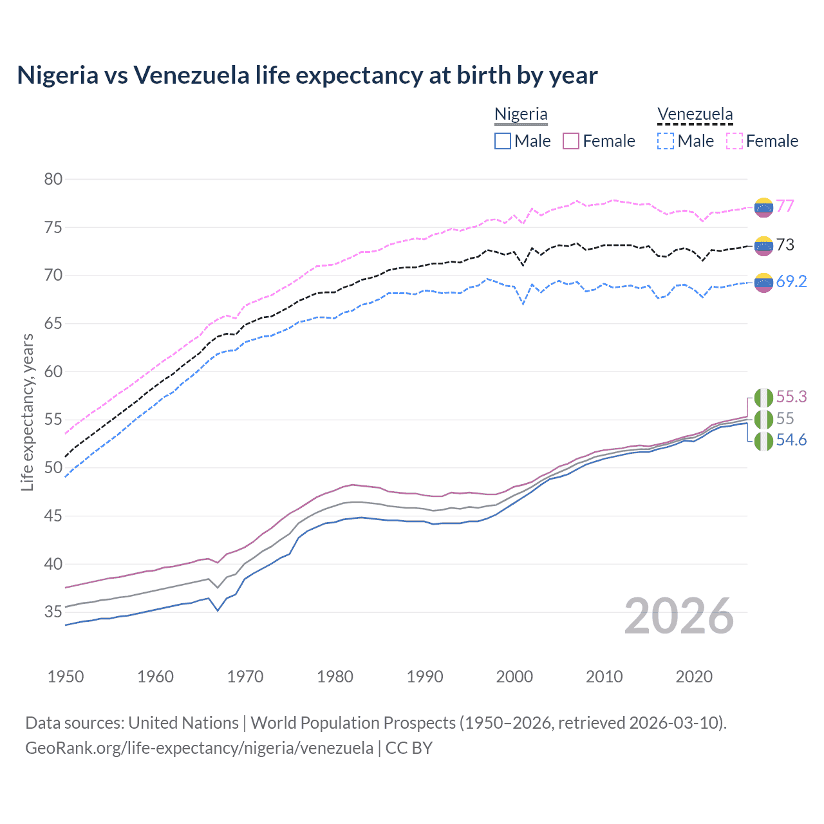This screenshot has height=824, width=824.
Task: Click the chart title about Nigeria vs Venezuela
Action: click(x=307, y=75)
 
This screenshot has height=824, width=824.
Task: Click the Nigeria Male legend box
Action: click(x=503, y=141)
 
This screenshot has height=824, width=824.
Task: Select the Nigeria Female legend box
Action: click(x=571, y=141)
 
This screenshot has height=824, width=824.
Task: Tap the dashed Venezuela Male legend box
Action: click(x=666, y=141)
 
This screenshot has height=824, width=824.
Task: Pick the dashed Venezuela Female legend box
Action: click(x=735, y=141)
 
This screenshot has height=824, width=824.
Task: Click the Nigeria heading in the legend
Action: click(x=521, y=115)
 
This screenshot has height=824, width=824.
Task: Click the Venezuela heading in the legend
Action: click(x=695, y=115)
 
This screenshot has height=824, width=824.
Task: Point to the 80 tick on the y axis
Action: click(x=53, y=180)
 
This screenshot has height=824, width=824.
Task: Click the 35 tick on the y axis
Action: click(x=53, y=612)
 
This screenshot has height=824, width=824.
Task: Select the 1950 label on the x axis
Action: click(x=66, y=677)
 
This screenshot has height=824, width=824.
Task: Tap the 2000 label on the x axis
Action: click(x=514, y=677)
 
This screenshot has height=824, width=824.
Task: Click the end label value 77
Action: click(x=785, y=206)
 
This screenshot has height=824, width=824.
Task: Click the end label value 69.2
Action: click(x=791, y=281)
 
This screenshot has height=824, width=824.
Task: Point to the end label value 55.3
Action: click(x=791, y=397)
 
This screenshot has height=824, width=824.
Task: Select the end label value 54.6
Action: click(x=791, y=440)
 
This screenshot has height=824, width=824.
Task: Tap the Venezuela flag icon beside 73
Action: click(x=763, y=245)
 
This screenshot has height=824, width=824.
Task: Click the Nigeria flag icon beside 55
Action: click(x=763, y=419)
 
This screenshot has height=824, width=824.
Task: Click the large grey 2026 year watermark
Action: click(x=679, y=616)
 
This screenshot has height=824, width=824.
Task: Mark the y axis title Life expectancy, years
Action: click(x=28, y=412)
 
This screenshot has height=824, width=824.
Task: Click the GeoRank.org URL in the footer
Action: click(x=199, y=748)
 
